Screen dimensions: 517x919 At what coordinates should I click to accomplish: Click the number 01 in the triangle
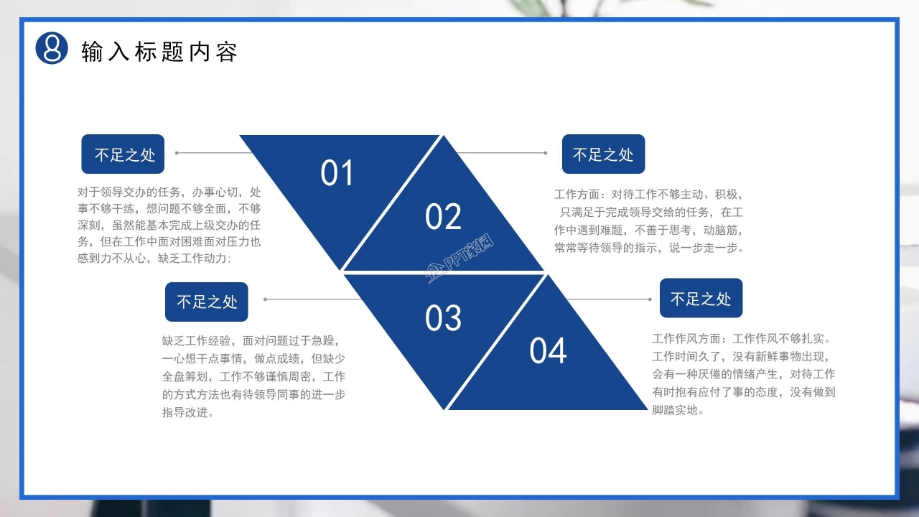337,174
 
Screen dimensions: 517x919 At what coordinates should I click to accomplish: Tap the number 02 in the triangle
443,217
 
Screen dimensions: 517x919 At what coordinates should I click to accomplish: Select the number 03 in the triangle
443,318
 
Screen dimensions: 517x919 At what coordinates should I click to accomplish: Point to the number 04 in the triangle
548,351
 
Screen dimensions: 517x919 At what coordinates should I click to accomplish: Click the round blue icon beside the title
52,48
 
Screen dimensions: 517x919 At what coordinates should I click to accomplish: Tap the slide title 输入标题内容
159,52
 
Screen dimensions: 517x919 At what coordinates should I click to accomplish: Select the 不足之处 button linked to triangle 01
123,154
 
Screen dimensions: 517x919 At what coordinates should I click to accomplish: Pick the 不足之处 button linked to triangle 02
603,154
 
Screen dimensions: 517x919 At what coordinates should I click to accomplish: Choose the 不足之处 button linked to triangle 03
207,302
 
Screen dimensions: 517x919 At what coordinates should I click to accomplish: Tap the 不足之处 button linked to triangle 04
701,299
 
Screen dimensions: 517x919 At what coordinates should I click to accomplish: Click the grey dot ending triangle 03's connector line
266,299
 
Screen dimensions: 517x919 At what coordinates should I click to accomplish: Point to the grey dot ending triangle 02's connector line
546,153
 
